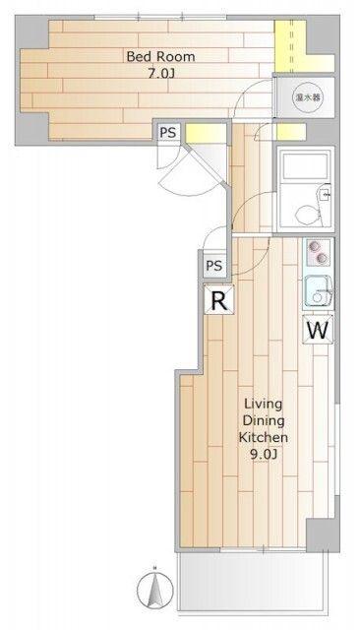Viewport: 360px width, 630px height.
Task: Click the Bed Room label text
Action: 160,56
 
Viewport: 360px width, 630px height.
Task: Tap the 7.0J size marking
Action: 161,73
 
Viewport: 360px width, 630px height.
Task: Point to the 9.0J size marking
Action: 263,455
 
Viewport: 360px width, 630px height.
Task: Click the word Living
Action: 264,404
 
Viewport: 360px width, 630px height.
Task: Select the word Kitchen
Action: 264,437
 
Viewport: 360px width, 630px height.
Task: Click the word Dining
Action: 264,420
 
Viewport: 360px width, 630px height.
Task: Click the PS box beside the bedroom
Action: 168,132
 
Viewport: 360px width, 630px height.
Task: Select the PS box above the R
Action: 214,265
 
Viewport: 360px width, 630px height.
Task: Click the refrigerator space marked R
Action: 218,299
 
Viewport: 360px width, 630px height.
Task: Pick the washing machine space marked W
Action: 318,330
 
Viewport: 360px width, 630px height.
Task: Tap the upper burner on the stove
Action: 313,247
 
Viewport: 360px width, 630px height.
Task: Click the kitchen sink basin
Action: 318,292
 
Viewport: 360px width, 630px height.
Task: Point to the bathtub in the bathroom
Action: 305,165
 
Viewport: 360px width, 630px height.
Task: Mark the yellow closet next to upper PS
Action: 206,133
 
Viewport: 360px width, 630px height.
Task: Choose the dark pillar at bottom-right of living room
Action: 323,535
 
